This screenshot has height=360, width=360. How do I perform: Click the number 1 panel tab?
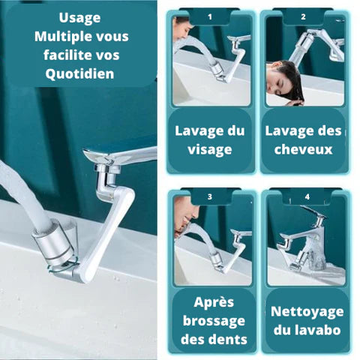click(x=209, y=16)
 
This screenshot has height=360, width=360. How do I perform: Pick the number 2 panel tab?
click(x=303, y=16)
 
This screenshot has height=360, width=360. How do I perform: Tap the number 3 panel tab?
click(x=210, y=197)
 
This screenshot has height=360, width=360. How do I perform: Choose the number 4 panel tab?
click(x=307, y=197)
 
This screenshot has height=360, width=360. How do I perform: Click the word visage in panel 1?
click(x=210, y=149)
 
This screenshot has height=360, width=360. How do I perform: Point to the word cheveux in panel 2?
click(x=304, y=149)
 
